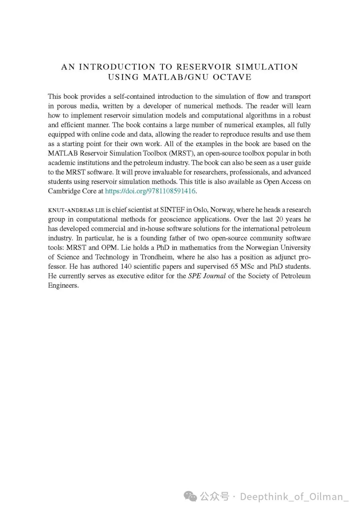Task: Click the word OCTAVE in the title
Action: point(232,77)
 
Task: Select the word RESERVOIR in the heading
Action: point(203,67)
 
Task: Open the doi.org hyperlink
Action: point(150,191)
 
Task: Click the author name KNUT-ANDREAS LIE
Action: point(76,210)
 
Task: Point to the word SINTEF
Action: point(172,210)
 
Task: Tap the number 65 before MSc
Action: point(234,267)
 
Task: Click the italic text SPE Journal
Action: point(207,276)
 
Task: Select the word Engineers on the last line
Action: point(63,286)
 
